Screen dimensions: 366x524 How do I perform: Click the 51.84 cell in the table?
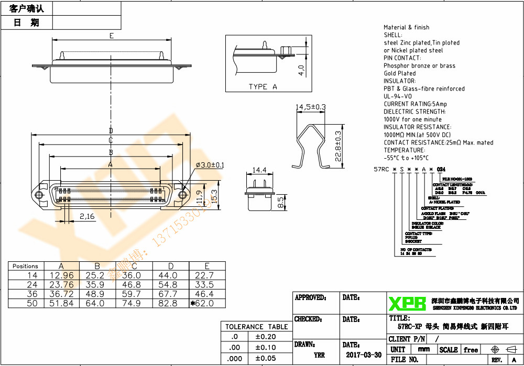61,303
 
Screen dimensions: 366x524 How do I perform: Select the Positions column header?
25,266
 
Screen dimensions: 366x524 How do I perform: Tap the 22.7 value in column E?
204,275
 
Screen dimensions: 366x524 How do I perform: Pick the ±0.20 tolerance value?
266,337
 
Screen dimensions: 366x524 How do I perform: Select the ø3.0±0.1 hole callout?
210,165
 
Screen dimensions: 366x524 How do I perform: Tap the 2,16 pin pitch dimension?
86,216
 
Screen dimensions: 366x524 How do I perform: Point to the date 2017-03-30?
363,354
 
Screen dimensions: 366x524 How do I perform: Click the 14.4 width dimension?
260,170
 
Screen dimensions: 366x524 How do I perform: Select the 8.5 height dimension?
280,203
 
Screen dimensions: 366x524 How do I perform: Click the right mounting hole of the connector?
182,195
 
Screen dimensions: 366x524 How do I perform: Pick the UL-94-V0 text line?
398,96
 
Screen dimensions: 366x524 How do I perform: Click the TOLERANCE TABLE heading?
257,327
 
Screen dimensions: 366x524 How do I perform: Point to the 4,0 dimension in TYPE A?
301,70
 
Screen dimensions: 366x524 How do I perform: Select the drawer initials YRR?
319,354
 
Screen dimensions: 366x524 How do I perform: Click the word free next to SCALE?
471,350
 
